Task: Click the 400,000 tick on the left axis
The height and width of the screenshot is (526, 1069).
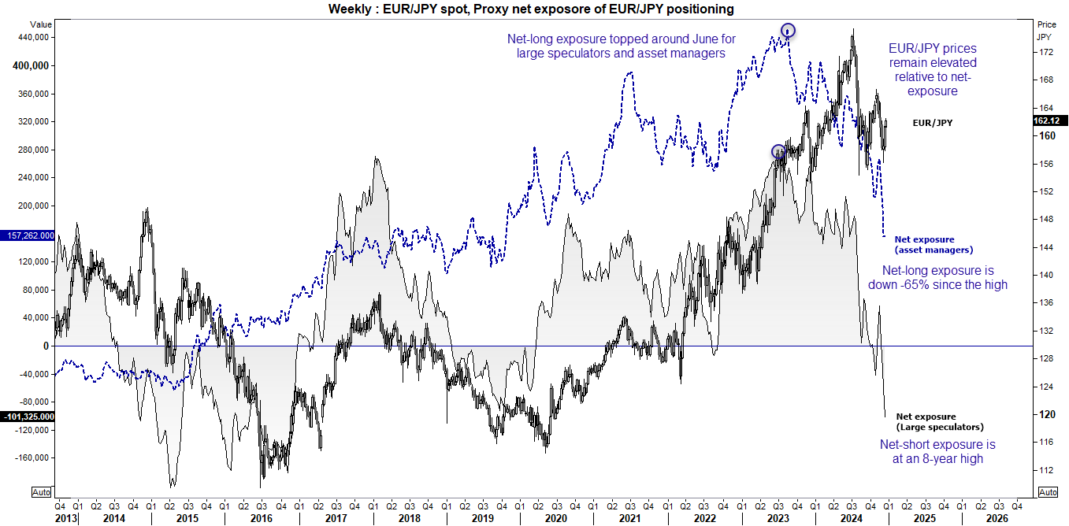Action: pos(32,65)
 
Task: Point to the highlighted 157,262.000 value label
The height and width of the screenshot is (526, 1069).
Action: pos(28,235)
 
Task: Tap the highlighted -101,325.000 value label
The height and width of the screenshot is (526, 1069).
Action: pos(28,417)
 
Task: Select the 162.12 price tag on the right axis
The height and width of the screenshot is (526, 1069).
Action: pos(1049,120)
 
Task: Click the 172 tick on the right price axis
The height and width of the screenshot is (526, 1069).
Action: pos(1046,52)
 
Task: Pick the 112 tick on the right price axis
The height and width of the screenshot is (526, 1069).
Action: pos(1046,470)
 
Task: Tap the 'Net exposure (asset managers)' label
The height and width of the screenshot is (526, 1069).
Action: pos(934,244)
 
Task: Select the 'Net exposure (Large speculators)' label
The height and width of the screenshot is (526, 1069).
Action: pos(940,421)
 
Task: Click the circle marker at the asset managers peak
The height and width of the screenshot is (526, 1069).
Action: pos(788,31)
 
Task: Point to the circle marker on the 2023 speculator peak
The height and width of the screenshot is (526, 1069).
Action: pos(778,151)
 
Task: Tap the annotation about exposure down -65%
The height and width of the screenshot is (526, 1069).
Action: pos(937,277)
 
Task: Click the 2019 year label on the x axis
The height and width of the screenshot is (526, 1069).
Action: pos(482,517)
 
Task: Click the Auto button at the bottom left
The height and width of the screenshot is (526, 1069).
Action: pos(42,492)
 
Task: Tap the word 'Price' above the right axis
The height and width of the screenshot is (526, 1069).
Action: pos(1046,24)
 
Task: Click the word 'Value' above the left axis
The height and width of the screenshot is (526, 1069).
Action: pos(42,24)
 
